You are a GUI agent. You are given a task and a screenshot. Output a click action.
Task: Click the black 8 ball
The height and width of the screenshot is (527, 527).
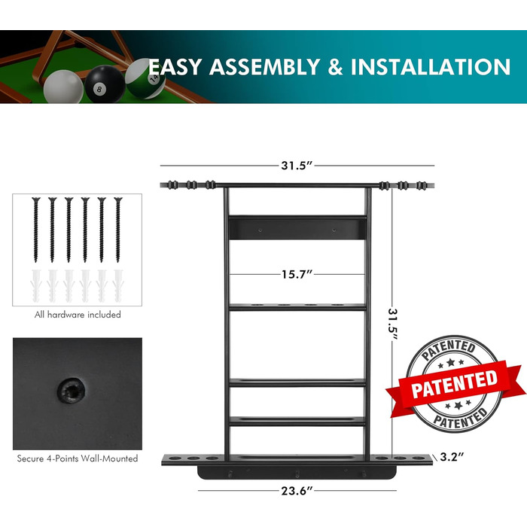coord(105,84)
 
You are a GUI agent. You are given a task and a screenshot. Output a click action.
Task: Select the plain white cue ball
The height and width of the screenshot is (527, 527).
coord(63,87)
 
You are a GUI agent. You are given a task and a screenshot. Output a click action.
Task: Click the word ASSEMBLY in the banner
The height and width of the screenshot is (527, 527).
coord(264,66)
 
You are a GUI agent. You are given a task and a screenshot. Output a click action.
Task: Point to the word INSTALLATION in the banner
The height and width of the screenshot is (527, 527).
coord(431,66)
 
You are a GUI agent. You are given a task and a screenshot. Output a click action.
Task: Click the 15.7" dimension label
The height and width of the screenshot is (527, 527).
coord(297,274)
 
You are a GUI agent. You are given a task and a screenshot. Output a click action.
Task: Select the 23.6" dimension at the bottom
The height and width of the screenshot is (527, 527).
coord(297,491)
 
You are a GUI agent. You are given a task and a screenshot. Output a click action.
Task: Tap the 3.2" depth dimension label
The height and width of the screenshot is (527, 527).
coord(452,457)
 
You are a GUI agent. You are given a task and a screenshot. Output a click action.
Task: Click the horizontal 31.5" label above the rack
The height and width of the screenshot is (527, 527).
coord(297,166)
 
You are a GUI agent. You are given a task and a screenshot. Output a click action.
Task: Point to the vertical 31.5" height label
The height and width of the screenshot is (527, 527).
coord(393,324)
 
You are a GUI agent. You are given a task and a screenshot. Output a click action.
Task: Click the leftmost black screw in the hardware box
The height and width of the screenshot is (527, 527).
coord(36,230)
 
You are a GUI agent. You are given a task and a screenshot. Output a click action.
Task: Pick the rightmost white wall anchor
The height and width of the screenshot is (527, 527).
coord(118,285)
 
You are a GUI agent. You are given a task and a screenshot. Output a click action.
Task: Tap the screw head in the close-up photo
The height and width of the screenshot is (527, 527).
coord(71,391)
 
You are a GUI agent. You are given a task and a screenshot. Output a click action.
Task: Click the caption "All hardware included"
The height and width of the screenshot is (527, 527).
coord(78,315)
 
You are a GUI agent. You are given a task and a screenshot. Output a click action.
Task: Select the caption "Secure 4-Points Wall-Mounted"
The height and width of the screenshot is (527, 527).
coord(78,458)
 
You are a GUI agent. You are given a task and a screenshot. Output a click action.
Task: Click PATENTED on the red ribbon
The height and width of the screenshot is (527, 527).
coord(455,384)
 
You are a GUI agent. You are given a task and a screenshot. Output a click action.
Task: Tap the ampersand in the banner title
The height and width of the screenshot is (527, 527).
coord(335,66)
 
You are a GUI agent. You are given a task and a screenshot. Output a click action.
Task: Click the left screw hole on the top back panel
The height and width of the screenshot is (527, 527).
coord(260,230)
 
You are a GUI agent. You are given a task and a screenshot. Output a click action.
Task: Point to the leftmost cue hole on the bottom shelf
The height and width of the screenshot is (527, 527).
coord(175,458)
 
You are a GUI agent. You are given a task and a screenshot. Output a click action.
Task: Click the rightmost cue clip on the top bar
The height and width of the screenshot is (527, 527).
coord(422,185)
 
